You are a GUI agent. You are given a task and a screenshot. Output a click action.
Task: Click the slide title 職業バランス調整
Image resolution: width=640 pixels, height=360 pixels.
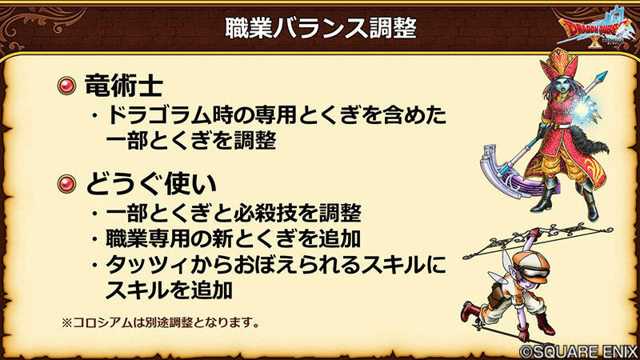click(x=321, y=28)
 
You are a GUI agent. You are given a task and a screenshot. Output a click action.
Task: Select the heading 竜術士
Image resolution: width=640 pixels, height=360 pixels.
click(x=124, y=86)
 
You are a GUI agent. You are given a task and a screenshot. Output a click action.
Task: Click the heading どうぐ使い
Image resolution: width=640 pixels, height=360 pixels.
click(x=151, y=184)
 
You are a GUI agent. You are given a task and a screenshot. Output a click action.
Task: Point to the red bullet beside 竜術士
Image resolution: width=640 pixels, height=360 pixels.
click(x=66, y=86)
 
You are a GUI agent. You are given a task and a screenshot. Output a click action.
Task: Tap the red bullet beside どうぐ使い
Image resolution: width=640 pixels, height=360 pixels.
click(x=66, y=184)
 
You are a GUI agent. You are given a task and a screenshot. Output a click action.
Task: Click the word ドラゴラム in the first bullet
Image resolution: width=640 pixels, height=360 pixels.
click(x=158, y=115)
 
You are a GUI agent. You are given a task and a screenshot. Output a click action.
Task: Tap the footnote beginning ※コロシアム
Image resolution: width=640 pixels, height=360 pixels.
click(x=161, y=322)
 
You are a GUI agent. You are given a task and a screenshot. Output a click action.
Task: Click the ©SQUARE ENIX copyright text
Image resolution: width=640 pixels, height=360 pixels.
click(x=578, y=351)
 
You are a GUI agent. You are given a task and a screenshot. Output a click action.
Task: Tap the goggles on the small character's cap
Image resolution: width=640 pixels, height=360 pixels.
click(x=535, y=272)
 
